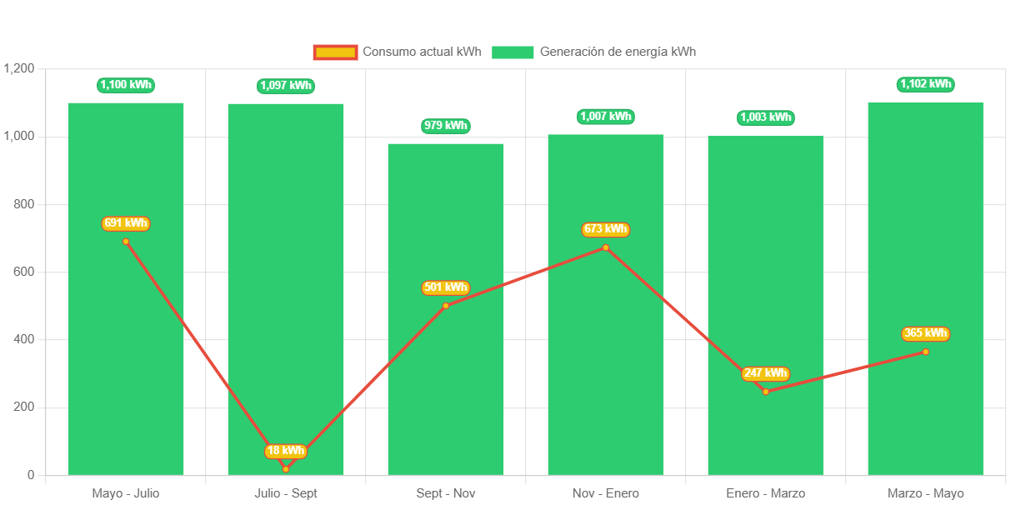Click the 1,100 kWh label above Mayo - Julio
click(x=126, y=84)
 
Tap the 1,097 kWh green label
click(x=286, y=85)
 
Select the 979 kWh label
click(x=446, y=126)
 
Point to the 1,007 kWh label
click(x=606, y=117)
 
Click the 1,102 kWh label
click(x=925, y=84)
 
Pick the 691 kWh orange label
click(x=126, y=223)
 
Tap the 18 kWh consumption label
click(x=286, y=451)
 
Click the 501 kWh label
click(x=446, y=287)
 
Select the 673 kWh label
click(x=606, y=229)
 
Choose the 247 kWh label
click(x=765, y=373)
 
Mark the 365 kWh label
click(x=925, y=333)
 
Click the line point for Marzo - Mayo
click(x=925, y=352)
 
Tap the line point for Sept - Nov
click(x=446, y=306)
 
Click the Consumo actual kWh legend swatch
click(x=335, y=52)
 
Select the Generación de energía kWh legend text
click(x=618, y=52)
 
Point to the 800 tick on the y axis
click(x=24, y=204)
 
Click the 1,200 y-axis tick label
click(x=19, y=68)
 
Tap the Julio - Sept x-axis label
click(x=286, y=493)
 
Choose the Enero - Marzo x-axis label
click(x=765, y=493)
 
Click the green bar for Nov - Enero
click(x=606, y=350)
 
